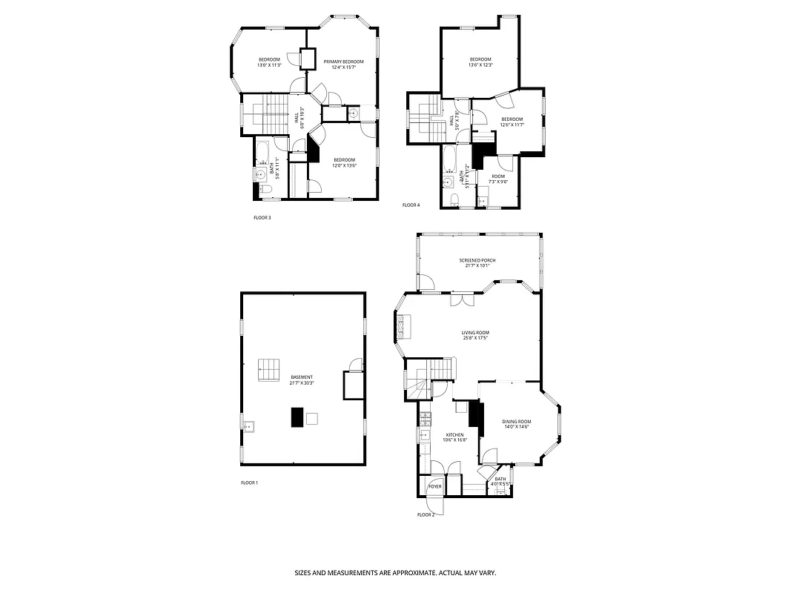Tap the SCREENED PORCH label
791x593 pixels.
477,260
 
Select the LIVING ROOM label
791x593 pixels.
475,333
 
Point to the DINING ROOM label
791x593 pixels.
517,421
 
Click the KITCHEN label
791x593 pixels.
454,435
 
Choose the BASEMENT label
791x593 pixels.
302,377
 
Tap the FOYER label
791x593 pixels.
435,486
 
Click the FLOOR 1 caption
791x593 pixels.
249,483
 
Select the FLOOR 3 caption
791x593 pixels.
262,218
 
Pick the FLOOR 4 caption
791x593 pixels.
411,205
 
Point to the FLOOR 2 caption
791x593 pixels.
425,514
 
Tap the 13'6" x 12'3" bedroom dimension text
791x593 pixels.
480,65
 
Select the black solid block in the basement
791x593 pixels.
297,417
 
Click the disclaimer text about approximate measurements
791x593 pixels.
395,573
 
